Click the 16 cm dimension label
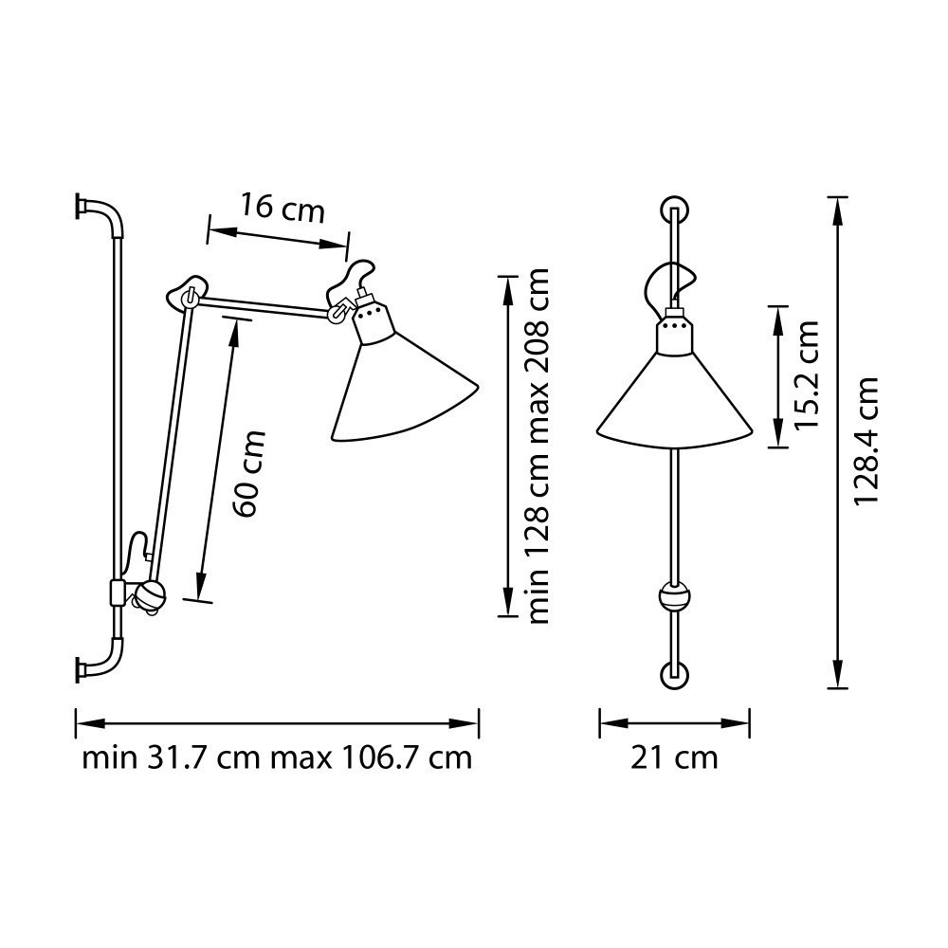pos(282,208)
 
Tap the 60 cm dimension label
pos(247,474)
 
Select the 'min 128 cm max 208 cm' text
pos(538,446)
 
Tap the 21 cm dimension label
pos(674,758)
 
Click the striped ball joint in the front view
pos(674,598)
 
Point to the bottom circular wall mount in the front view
pos(674,675)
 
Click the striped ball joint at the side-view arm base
pos(150,595)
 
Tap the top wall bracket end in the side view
pos(81,205)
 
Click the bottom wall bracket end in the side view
pos(81,669)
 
